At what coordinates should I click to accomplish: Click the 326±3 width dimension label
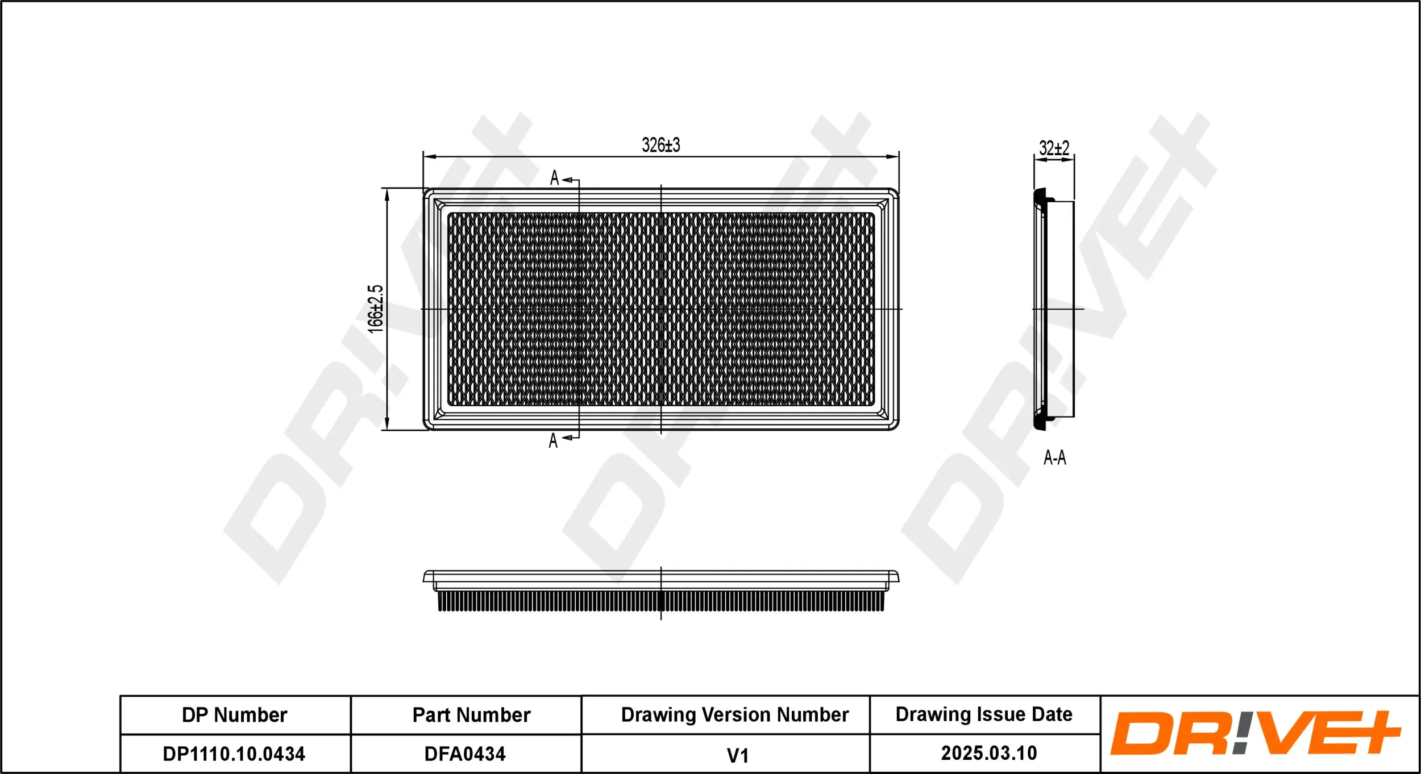pos(660,145)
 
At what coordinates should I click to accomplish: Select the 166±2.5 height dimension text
pos(376,309)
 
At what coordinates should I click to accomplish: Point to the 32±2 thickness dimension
pos(1054,149)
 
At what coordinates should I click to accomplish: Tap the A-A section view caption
pos(1054,457)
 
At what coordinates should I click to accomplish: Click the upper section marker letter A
pos(554,178)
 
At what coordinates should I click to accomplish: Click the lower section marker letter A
pos(553,440)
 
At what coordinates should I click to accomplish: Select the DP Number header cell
pos(234,715)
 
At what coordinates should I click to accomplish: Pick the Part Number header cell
pos(471,715)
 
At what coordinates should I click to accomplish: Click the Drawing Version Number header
pos(734,714)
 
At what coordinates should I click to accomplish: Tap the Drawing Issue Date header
pos(983,714)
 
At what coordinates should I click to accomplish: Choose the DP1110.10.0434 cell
pos(234,754)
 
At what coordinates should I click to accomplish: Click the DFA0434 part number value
pos(464,754)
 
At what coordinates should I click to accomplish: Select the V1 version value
pos(737,756)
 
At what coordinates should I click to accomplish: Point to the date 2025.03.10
pos(988,754)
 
